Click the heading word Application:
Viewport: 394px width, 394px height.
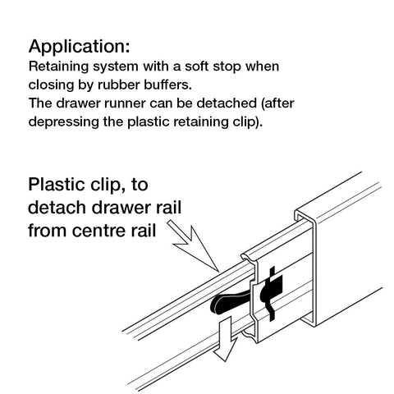coord(79,47)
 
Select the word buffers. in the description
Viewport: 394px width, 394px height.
coord(167,85)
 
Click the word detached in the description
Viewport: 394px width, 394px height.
coord(227,103)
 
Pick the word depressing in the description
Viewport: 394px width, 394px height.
coord(64,122)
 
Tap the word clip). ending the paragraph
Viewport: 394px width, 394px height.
coord(248,122)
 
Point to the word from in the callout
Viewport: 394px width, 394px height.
coord(48,230)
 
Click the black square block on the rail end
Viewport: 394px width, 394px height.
coord(276,285)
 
